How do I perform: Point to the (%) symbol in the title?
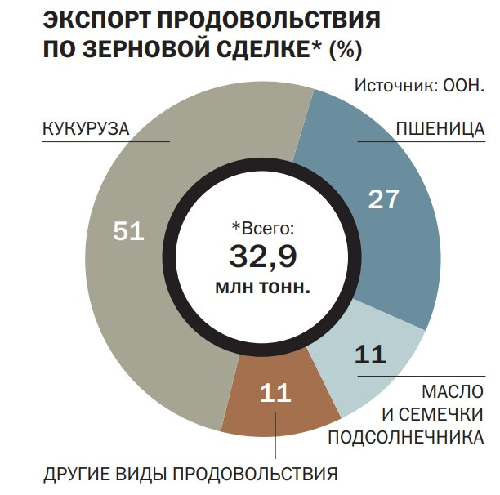[x=345, y=51]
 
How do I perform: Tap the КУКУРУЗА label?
[x=86, y=129]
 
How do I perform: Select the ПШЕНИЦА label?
[x=440, y=129]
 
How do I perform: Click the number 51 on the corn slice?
[x=128, y=231]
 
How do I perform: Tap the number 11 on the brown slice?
[x=275, y=393]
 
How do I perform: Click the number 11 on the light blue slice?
[x=371, y=355]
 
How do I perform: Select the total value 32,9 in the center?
[x=262, y=256]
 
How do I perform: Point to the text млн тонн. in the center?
[x=262, y=287]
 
